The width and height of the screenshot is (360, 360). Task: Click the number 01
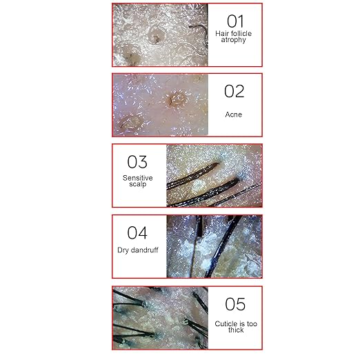[235, 21]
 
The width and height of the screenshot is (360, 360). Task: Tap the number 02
[234, 91]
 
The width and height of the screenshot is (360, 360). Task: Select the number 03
[137, 162]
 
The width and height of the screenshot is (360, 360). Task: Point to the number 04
[137, 232]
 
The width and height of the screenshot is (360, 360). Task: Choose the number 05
[235, 304]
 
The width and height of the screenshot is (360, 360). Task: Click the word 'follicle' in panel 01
[241, 34]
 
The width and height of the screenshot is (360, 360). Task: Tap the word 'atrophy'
[233, 40]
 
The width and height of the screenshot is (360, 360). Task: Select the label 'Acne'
[234, 114]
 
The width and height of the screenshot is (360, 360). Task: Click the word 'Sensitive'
[137, 178]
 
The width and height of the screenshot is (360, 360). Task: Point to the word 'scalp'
[137, 184]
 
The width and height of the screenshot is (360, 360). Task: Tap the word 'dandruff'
[144, 250]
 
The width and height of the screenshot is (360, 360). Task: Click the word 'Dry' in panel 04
[123, 250]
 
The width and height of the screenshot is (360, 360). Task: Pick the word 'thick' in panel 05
[236, 330]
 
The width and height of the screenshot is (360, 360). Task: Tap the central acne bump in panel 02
[177, 99]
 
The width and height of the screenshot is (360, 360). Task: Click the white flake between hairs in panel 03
[198, 186]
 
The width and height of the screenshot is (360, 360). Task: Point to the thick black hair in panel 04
[222, 246]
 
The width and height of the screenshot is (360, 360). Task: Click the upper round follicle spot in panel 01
[157, 35]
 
